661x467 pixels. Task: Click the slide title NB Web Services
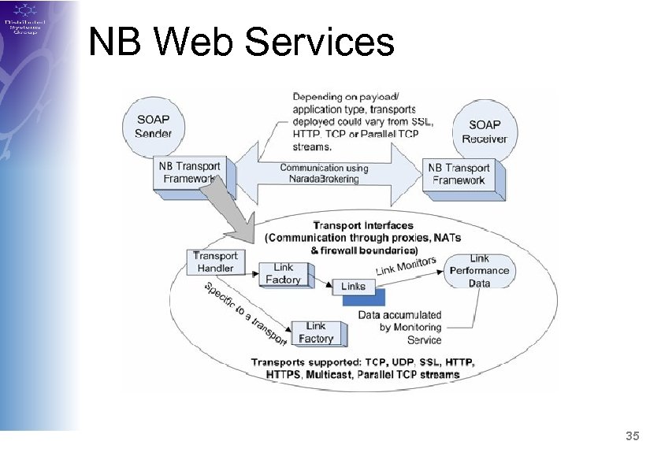241,42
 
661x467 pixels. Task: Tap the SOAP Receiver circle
484,131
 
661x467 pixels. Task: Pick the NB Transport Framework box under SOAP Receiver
458,173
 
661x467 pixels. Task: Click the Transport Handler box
215,262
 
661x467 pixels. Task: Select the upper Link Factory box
284,274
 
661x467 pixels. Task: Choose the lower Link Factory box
315,332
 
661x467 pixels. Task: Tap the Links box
354,286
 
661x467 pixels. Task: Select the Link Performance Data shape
479,271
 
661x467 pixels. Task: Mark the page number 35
632,435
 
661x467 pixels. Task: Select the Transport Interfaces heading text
363,226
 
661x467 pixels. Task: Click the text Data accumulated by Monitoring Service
399,327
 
